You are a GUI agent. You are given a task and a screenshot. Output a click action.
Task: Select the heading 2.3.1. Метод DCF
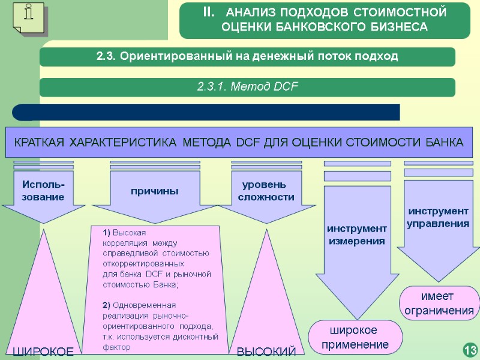tap(247, 87)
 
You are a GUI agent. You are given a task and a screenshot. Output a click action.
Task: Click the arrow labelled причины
tap(155, 191)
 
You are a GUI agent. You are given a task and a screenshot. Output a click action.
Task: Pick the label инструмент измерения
tap(356, 235)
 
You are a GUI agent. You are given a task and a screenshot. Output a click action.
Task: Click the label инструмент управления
tap(438, 217)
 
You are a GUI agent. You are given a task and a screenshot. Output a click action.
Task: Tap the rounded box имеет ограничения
tap(439, 304)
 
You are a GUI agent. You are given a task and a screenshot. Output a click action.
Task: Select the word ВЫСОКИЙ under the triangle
tap(266, 352)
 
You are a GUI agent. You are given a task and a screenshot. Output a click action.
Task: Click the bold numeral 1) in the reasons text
tap(107, 232)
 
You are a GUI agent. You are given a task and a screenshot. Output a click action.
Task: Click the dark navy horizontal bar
tap(207, 112)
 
